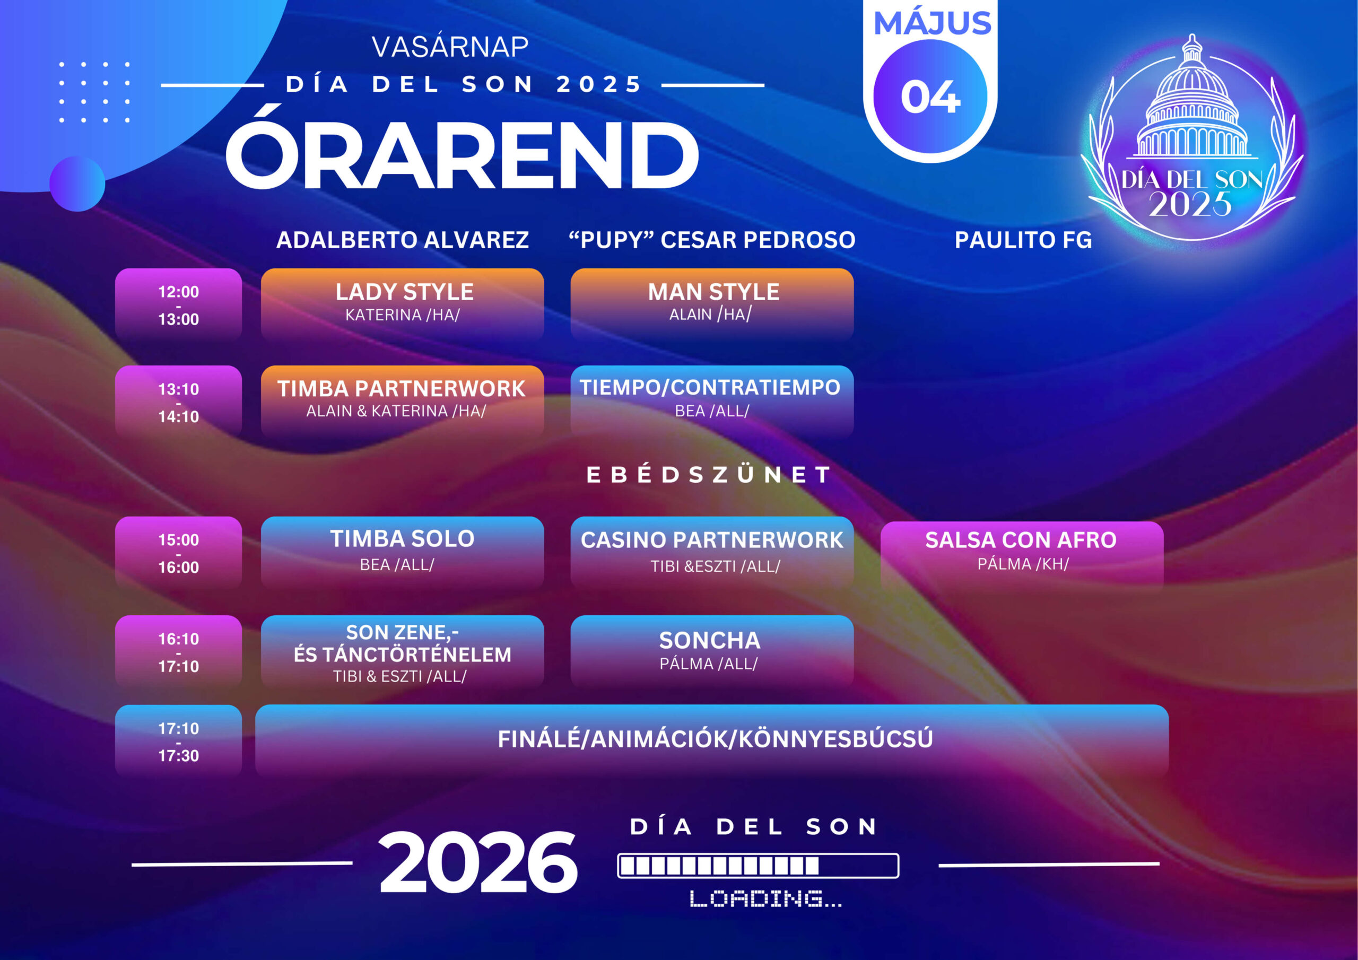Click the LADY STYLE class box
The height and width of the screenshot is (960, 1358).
click(x=402, y=304)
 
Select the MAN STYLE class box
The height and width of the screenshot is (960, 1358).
click(x=712, y=304)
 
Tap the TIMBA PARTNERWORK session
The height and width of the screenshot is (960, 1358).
click(x=402, y=401)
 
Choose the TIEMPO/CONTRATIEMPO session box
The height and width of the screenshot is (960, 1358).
click(x=712, y=401)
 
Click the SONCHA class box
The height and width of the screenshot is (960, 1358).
click(x=712, y=651)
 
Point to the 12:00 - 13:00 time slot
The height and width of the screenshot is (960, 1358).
click(x=179, y=304)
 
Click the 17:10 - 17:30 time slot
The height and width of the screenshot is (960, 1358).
click(x=179, y=740)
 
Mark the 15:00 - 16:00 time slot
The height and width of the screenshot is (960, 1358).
click(x=179, y=553)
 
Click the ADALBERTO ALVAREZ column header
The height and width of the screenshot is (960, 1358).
click(x=402, y=240)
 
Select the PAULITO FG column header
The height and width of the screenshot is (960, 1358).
click(x=1023, y=240)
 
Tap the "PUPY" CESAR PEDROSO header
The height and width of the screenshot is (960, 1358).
click(x=712, y=240)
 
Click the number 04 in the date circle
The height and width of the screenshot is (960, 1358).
click(x=930, y=97)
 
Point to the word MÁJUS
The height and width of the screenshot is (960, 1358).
click(x=932, y=23)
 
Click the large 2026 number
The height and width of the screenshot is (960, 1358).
click(x=478, y=862)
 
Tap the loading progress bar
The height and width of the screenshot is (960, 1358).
click(x=758, y=866)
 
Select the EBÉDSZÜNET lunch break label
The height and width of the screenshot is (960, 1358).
click(x=709, y=474)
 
